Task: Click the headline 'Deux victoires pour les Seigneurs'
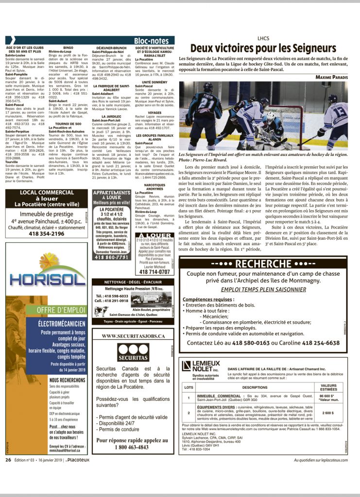[x=263, y=48]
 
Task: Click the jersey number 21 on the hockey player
[x=206, y=104]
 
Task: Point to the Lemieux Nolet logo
[x=200, y=366]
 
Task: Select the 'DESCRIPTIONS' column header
[x=255, y=387]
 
